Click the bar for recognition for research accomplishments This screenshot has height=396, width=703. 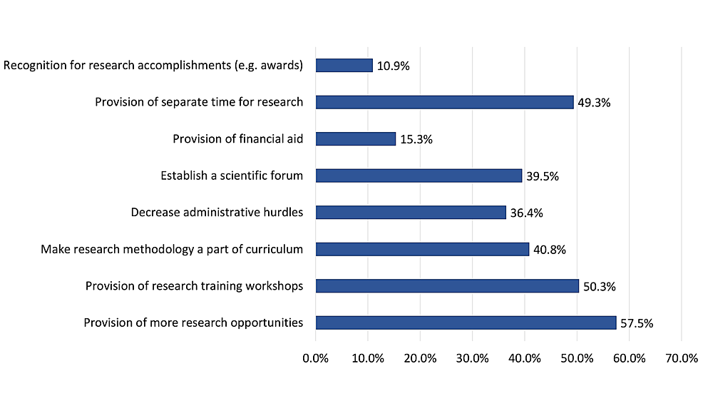344,66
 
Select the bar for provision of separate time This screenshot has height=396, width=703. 444,102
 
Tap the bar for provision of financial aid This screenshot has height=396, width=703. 355,139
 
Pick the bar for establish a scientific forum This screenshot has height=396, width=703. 419,176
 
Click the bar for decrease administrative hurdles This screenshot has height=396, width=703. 411,213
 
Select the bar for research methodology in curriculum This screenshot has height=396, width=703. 422,249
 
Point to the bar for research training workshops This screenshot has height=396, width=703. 447,286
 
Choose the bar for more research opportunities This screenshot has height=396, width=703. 466,323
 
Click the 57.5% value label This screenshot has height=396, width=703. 637,323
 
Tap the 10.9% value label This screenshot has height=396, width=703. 394,66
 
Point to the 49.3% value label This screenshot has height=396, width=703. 594,103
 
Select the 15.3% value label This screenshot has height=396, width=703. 416,140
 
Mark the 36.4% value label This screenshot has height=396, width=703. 526,213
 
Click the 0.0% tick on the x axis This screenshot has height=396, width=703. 316,358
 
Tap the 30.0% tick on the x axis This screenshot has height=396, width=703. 472,358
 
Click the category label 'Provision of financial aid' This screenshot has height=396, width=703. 238,139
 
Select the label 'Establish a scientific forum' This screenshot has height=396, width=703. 232,176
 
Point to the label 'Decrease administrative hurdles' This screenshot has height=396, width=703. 217,213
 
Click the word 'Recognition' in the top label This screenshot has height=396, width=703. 35,66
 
